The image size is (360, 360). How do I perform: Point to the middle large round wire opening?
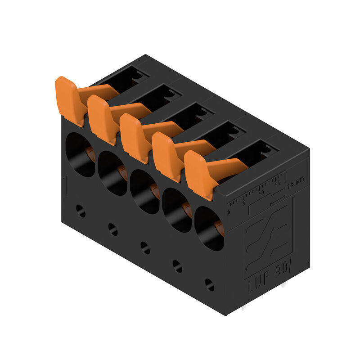pos(144,191)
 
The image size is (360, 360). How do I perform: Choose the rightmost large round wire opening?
pos(209,228)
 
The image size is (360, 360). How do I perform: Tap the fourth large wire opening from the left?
pos(176,210)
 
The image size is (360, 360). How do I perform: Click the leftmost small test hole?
pos(81,211)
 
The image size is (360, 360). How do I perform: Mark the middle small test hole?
pos(145,247)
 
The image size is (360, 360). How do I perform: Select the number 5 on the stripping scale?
pos(245,202)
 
